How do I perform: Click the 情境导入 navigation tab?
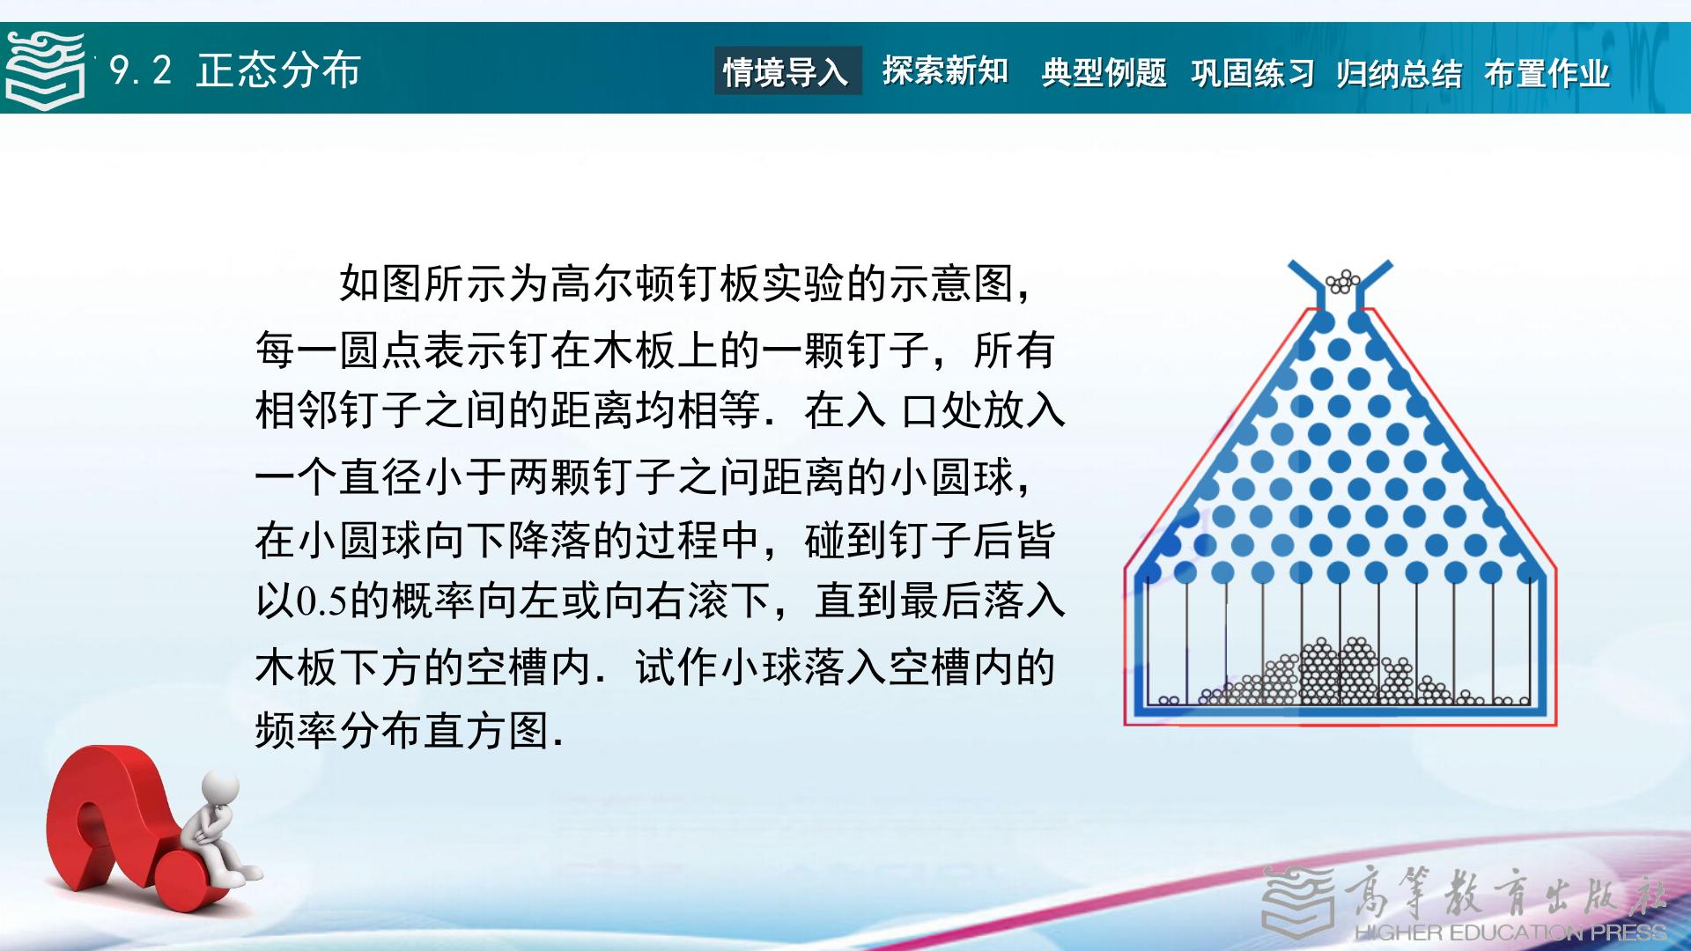point(786,71)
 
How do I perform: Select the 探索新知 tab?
point(945,71)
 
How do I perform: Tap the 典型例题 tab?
point(1104,72)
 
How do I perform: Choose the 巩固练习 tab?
point(1252,73)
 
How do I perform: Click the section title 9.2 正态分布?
point(235,70)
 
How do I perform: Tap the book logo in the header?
point(46,70)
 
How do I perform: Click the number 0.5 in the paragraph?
point(322,601)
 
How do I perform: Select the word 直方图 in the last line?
point(488,730)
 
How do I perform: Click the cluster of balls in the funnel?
point(1343,282)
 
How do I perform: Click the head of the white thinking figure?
point(221,785)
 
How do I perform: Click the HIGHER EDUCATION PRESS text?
point(1510,932)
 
